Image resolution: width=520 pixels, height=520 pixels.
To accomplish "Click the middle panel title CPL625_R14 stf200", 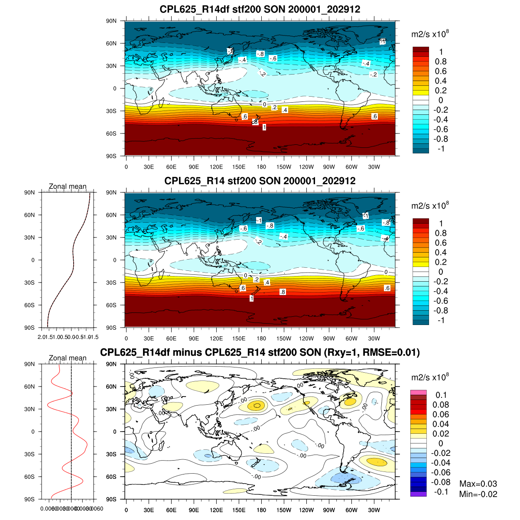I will [260, 181].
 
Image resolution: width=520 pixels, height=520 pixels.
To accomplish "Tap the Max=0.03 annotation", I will [478, 484].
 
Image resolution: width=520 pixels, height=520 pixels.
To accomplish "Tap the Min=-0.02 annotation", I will [478, 494].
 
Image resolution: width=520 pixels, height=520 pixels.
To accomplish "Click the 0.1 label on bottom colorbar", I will [441, 395].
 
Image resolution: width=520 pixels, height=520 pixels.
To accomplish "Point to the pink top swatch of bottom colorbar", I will [419, 392].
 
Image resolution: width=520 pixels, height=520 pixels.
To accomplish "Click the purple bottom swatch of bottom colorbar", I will [419, 494].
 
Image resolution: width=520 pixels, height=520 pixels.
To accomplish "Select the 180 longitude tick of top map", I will [261, 167].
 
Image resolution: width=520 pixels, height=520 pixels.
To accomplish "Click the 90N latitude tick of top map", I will [112, 21].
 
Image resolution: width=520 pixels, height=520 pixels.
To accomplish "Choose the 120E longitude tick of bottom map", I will [216, 510].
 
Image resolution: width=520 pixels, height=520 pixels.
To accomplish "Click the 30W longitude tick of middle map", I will [374, 339].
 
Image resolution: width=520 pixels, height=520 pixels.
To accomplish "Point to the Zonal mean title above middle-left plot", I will [68, 186].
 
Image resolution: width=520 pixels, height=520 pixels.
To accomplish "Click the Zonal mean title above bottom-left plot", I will [68, 358].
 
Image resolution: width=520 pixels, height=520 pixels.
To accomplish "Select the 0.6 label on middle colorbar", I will [441, 243].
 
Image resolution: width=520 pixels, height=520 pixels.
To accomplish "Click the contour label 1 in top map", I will [264, 127].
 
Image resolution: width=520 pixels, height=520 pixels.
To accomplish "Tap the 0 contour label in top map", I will [264, 104].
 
